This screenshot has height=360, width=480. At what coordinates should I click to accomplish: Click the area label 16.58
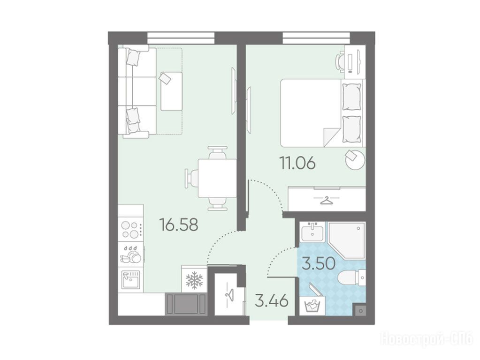[x=179, y=225]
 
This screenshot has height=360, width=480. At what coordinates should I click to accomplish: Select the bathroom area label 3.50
[x=319, y=263]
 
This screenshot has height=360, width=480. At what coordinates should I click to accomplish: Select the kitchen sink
[x=131, y=279]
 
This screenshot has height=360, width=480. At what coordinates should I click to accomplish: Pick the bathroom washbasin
[x=312, y=232]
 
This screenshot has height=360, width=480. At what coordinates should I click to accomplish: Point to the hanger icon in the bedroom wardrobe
[x=327, y=200]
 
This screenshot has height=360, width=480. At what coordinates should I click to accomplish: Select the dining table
[x=217, y=178]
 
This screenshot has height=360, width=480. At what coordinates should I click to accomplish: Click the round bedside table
[x=355, y=159]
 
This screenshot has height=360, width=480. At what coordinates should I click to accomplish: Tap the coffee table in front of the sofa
[x=171, y=91]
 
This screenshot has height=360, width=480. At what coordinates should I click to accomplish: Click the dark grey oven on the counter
[x=185, y=304]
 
